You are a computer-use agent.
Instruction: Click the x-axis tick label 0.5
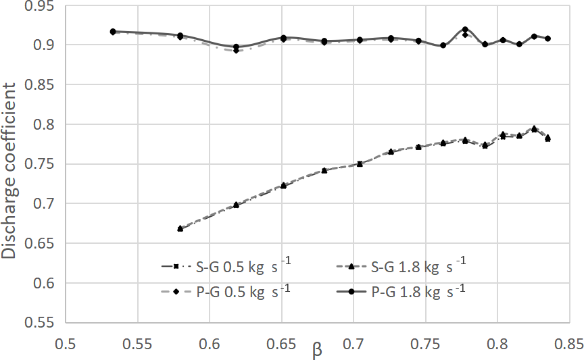click(65, 344)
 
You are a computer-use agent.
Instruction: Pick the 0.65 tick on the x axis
click(282, 344)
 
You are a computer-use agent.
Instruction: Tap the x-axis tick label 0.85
click(570, 344)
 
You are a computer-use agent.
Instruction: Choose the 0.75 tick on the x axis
click(426, 344)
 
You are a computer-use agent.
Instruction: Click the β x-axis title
click(317, 349)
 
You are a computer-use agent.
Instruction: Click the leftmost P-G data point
click(113, 32)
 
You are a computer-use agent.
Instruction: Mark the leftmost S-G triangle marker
click(180, 228)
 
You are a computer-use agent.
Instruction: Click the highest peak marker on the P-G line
click(465, 30)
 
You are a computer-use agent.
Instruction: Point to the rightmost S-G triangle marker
click(547, 138)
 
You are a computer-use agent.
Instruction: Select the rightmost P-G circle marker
click(547, 38)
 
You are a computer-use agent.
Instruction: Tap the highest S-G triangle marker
click(534, 128)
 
